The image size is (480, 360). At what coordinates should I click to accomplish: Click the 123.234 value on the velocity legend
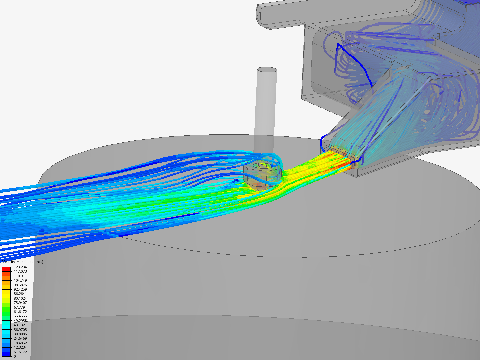[20, 267]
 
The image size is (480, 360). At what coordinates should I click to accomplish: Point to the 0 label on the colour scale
[15, 356]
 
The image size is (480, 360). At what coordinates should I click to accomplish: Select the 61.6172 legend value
[20, 312]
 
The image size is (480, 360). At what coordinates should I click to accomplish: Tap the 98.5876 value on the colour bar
[20, 285]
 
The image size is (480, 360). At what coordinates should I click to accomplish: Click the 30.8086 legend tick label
[20, 334]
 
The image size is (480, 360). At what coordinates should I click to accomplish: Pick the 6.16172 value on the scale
[20, 352]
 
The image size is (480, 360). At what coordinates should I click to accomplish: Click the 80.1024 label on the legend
[20, 298]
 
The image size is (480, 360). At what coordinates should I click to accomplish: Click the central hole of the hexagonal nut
[263, 165]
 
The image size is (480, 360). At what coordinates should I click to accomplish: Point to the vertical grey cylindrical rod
[266, 110]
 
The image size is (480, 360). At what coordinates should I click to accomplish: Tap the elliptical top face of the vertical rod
[267, 70]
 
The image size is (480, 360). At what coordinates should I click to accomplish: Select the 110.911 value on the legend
[20, 276]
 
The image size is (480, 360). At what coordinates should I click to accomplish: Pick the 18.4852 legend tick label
[20, 343]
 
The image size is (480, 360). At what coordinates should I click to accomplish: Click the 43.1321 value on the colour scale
[20, 325]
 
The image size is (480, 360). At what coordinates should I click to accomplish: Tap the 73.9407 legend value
[20, 303]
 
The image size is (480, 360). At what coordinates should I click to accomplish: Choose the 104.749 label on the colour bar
[20, 280]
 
